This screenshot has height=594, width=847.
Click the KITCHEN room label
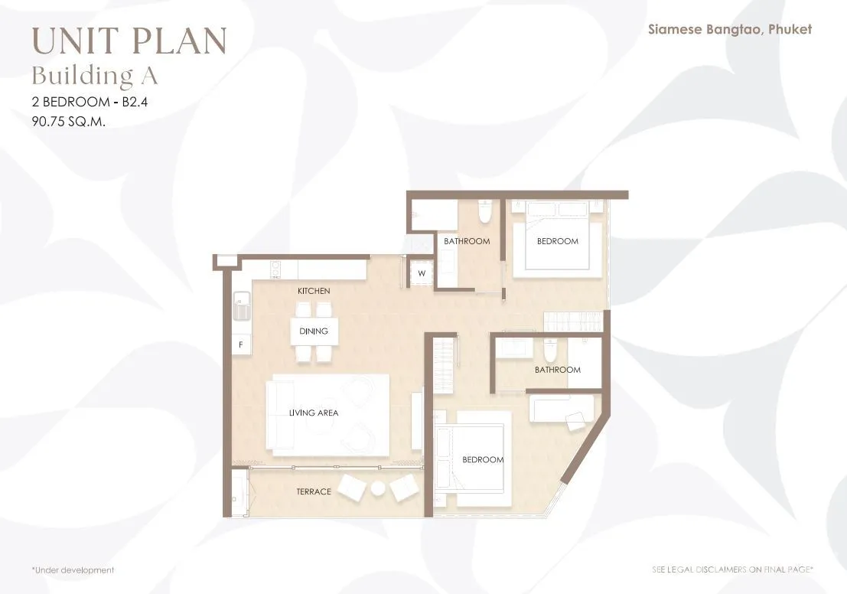pyautogui.click(x=314, y=291)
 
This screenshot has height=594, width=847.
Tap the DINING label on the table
pyautogui.click(x=314, y=331)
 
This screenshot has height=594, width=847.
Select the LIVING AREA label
pyautogui.click(x=314, y=413)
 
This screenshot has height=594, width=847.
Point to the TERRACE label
pyautogui.click(x=314, y=491)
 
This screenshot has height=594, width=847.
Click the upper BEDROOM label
pyautogui.click(x=558, y=241)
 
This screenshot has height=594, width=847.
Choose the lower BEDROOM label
pyautogui.click(x=483, y=459)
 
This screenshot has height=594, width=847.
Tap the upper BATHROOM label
pyautogui.click(x=467, y=241)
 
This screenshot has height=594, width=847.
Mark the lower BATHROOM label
pyautogui.click(x=558, y=370)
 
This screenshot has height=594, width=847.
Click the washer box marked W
pyautogui.click(x=422, y=273)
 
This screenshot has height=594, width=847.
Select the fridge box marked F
pyautogui.click(x=241, y=344)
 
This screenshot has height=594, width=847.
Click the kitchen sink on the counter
pyautogui.click(x=242, y=306)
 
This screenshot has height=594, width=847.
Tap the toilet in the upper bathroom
pyautogui.click(x=484, y=211)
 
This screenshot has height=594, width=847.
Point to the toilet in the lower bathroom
pyautogui.click(x=550, y=351)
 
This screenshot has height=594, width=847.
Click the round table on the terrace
pyautogui.click(x=377, y=488)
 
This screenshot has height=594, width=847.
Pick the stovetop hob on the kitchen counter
pyautogui.click(x=276, y=269)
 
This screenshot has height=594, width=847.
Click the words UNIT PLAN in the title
pyautogui.click(x=129, y=41)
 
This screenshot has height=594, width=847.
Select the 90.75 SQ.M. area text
pyautogui.click(x=69, y=122)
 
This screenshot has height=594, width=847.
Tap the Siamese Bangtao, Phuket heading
pyautogui.click(x=730, y=29)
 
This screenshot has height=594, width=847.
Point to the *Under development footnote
pyautogui.click(x=73, y=570)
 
